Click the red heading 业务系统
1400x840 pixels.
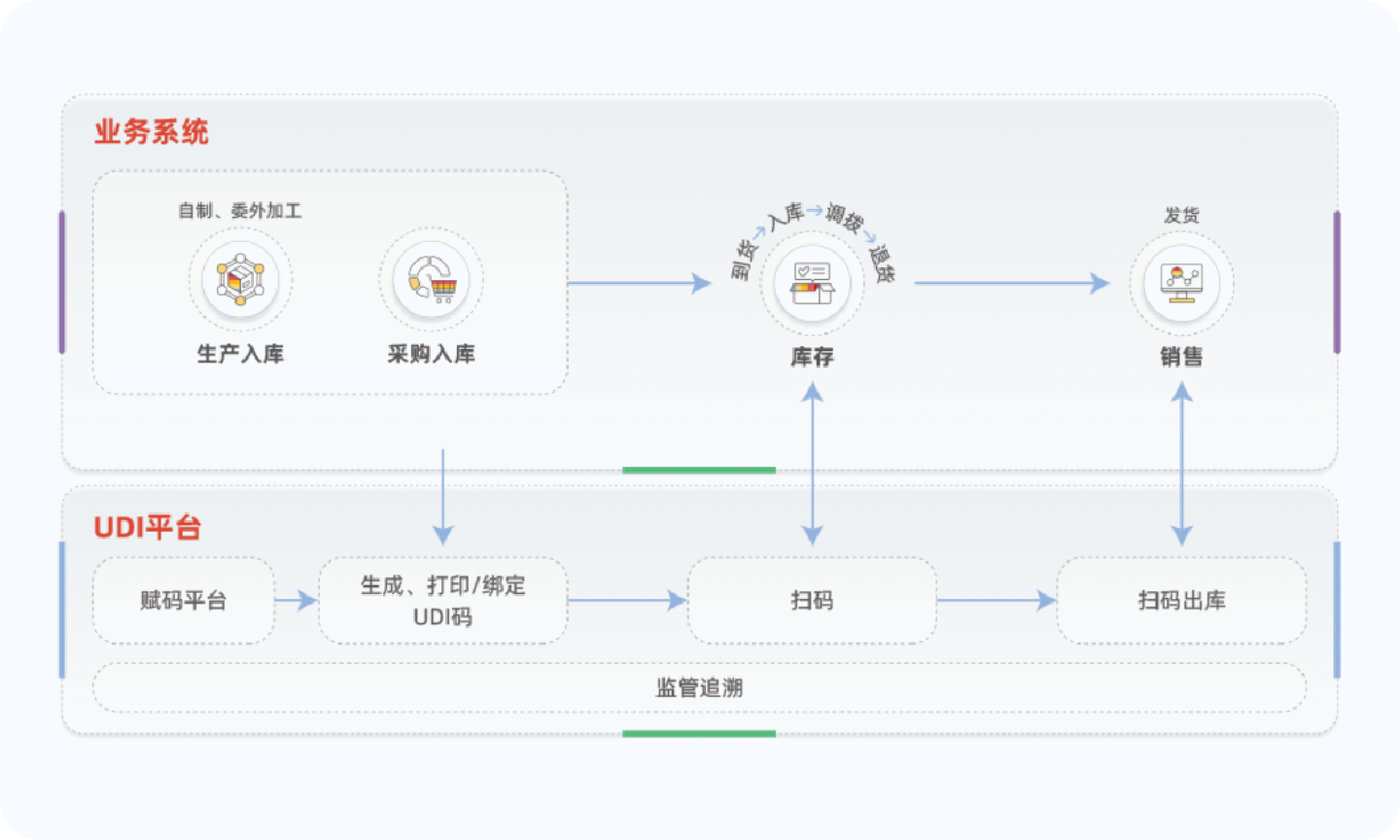pyautogui.click(x=151, y=132)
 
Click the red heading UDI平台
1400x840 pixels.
pyautogui.click(x=148, y=528)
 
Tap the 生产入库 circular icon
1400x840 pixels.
pyautogui.click(x=240, y=280)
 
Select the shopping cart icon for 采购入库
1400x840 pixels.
pyautogui.click(x=431, y=280)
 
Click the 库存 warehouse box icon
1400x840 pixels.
pyautogui.click(x=812, y=283)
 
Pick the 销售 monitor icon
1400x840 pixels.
pyautogui.click(x=1181, y=283)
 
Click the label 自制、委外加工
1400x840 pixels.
pyautogui.click(x=240, y=210)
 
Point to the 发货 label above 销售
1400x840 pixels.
pyautogui.click(x=1181, y=215)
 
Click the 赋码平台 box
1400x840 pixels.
pyautogui.click(x=183, y=601)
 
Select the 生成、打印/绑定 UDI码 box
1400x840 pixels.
pyautogui.click(x=442, y=601)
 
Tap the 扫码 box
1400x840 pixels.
pyautogui.click(x=812, y=601)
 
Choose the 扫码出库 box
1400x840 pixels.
pyautogui.click(x=1181, y=601)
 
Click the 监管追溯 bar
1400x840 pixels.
pyautogui.click(x=699, y=688)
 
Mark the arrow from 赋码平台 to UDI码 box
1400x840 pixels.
pyautogui.click(x=297, y=601)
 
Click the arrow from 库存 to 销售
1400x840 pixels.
pyautogui.click(x=1011, y=283)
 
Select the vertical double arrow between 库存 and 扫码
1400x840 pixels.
pyautogui.click(x=812, y=463)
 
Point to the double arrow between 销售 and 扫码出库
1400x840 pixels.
pyautogui.click(x=1181, y=463)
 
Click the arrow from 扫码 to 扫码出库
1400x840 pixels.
pyautogui.click(x=997, y=601)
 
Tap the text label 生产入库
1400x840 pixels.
pyautogui.click(x=240, y=354)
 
